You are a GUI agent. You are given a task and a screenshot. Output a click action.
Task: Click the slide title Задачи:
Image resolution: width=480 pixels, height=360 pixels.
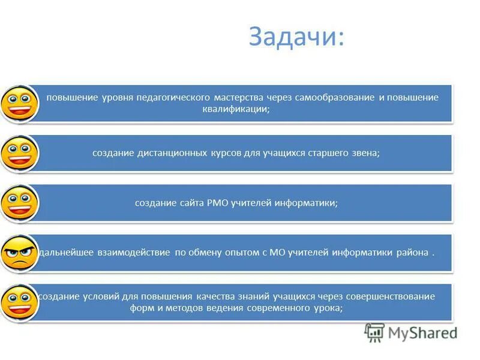click(x=296, y=37)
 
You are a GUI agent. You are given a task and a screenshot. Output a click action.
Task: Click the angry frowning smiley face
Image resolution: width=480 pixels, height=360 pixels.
click(x=19, y=253)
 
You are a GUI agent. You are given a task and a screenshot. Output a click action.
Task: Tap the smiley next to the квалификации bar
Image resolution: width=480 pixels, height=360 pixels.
click(x=19, y=103)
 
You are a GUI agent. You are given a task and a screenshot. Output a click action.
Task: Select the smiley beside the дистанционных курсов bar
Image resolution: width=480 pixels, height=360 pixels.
click(x=19, y=153)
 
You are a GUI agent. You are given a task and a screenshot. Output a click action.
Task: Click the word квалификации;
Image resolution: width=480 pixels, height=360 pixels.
click(x=236, y=109)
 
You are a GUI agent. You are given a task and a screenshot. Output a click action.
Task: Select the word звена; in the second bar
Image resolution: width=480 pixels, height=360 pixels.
click(x=363, y=153)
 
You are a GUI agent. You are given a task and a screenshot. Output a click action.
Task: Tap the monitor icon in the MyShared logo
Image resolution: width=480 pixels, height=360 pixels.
click(x=374, y=332)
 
